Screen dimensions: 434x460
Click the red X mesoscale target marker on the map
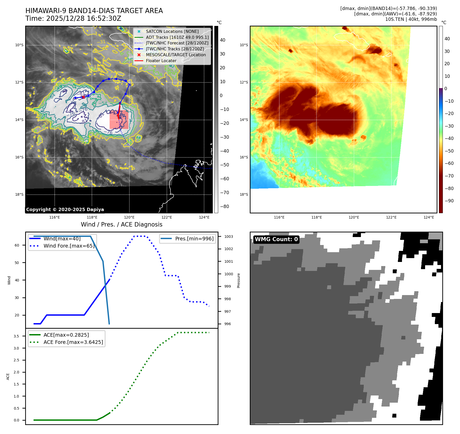[x=83, y=97]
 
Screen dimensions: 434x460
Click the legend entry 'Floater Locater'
[x=161, y=61]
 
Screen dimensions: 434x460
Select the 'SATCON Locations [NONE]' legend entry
[x=172, y=31]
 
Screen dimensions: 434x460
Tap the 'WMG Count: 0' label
[x=276, y=239]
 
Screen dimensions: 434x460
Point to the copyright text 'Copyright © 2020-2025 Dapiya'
[x=65, y=210]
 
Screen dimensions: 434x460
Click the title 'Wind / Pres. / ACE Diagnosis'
[x=121, y=224]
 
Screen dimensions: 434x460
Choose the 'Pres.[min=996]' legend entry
[x=194, y=239]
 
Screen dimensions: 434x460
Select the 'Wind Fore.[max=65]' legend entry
[x=69, y=246]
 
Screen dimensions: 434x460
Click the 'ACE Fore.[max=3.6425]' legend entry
[x=73, y=342]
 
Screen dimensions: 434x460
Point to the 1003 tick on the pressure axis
[x=228, y=237]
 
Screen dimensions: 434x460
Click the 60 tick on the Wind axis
[x=17, y=245]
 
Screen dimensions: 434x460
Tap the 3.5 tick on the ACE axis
[x=16, y=336]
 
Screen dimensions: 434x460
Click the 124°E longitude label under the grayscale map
[x=204, y=218]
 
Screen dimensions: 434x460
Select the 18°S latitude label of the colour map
[x=244, y=195]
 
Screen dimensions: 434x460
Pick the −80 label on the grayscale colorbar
[x=225, y=206]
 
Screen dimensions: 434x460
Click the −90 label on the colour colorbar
[x=449, y=201]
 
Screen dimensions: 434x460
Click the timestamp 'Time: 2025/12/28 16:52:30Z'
[x=73, y=18]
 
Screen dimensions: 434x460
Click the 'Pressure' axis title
[x=239, y=280]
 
